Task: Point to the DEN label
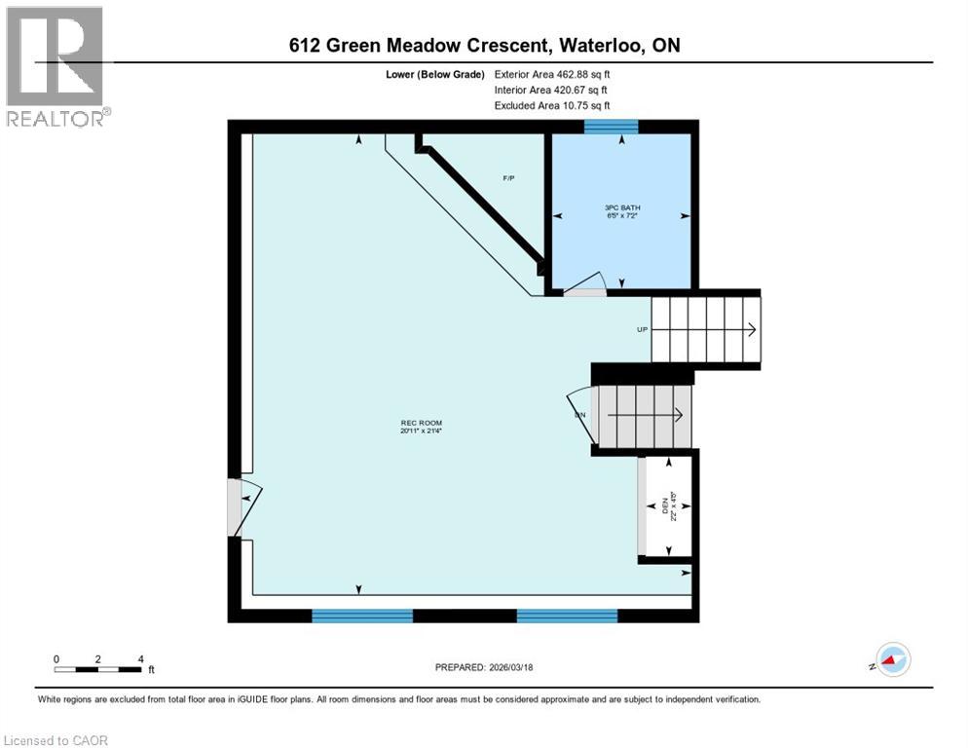tap(670, 507)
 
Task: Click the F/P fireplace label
tap(508, 178)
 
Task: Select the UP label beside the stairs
tap(642, 329)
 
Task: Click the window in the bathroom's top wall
tap(611, 126)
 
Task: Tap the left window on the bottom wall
tap(362, 615)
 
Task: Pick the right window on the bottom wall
tap(567, 615)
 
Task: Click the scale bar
tap(98, 668)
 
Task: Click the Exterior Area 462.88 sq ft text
tap(552, 74)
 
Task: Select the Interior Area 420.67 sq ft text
tap(551, 90)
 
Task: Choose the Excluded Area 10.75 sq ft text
tap(551, 105)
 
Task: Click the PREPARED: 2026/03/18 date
tap(485, 667)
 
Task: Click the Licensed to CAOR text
tap(56, 740)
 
